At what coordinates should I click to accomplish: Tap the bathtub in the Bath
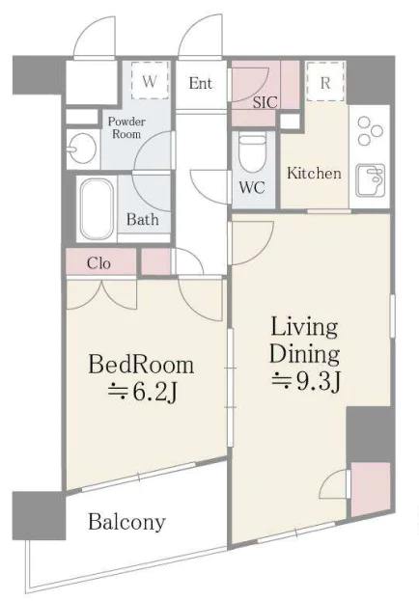click(97, 209)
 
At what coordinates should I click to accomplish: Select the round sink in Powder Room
click(82, 149)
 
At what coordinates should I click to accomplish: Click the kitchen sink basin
click(371, 180)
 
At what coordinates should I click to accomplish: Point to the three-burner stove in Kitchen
click(370, 130)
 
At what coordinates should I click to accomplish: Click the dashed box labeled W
click(150, 81)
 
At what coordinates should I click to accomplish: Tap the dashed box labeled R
click(325, 82)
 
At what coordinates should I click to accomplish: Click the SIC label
click(265, 102)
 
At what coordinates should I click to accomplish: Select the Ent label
click(201, 83)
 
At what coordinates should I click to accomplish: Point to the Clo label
click(99, 263)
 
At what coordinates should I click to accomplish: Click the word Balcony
click(127, 522)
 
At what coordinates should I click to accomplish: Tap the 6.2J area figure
click(143, 392)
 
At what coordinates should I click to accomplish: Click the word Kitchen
click(315, 174)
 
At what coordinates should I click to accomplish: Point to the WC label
click(252, 187)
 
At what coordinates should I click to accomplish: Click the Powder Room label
click(126, 127)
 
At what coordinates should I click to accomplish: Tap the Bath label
click(142, 220)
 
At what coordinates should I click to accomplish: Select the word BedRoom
click(141, 364)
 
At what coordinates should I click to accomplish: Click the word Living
click(304, 328)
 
